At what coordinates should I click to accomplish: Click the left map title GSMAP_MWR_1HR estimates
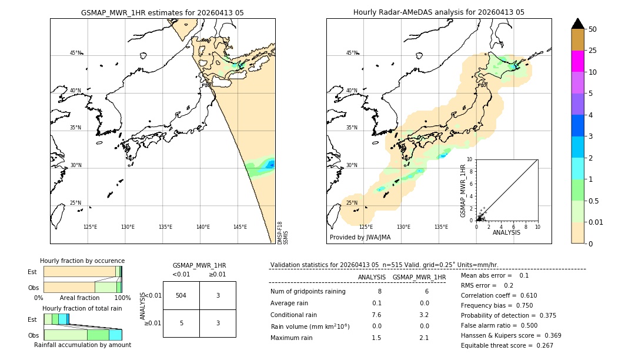(162, 12)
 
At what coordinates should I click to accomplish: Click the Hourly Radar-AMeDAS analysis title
(439, 12)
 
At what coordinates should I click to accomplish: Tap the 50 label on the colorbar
(593, 29)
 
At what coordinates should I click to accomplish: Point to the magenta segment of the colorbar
(577, 61)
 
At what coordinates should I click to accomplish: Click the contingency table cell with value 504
(181, 295)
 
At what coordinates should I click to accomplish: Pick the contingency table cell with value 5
(181, 323)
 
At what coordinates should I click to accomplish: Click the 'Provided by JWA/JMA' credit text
(360, 238)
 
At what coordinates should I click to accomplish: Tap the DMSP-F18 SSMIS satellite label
(282, 233)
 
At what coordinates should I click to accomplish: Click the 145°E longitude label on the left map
(240, 227)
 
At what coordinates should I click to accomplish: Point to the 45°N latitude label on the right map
(351, 53)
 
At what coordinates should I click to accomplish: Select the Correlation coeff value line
(499, 295)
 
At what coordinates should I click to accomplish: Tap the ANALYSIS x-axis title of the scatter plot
(506, 233)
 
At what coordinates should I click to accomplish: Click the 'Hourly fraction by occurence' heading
(82, 261)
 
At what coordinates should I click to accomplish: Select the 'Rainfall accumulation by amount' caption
(82, 345)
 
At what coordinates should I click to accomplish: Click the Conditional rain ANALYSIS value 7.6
(376, 314)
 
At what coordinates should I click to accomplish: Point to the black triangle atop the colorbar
(577, 24)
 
